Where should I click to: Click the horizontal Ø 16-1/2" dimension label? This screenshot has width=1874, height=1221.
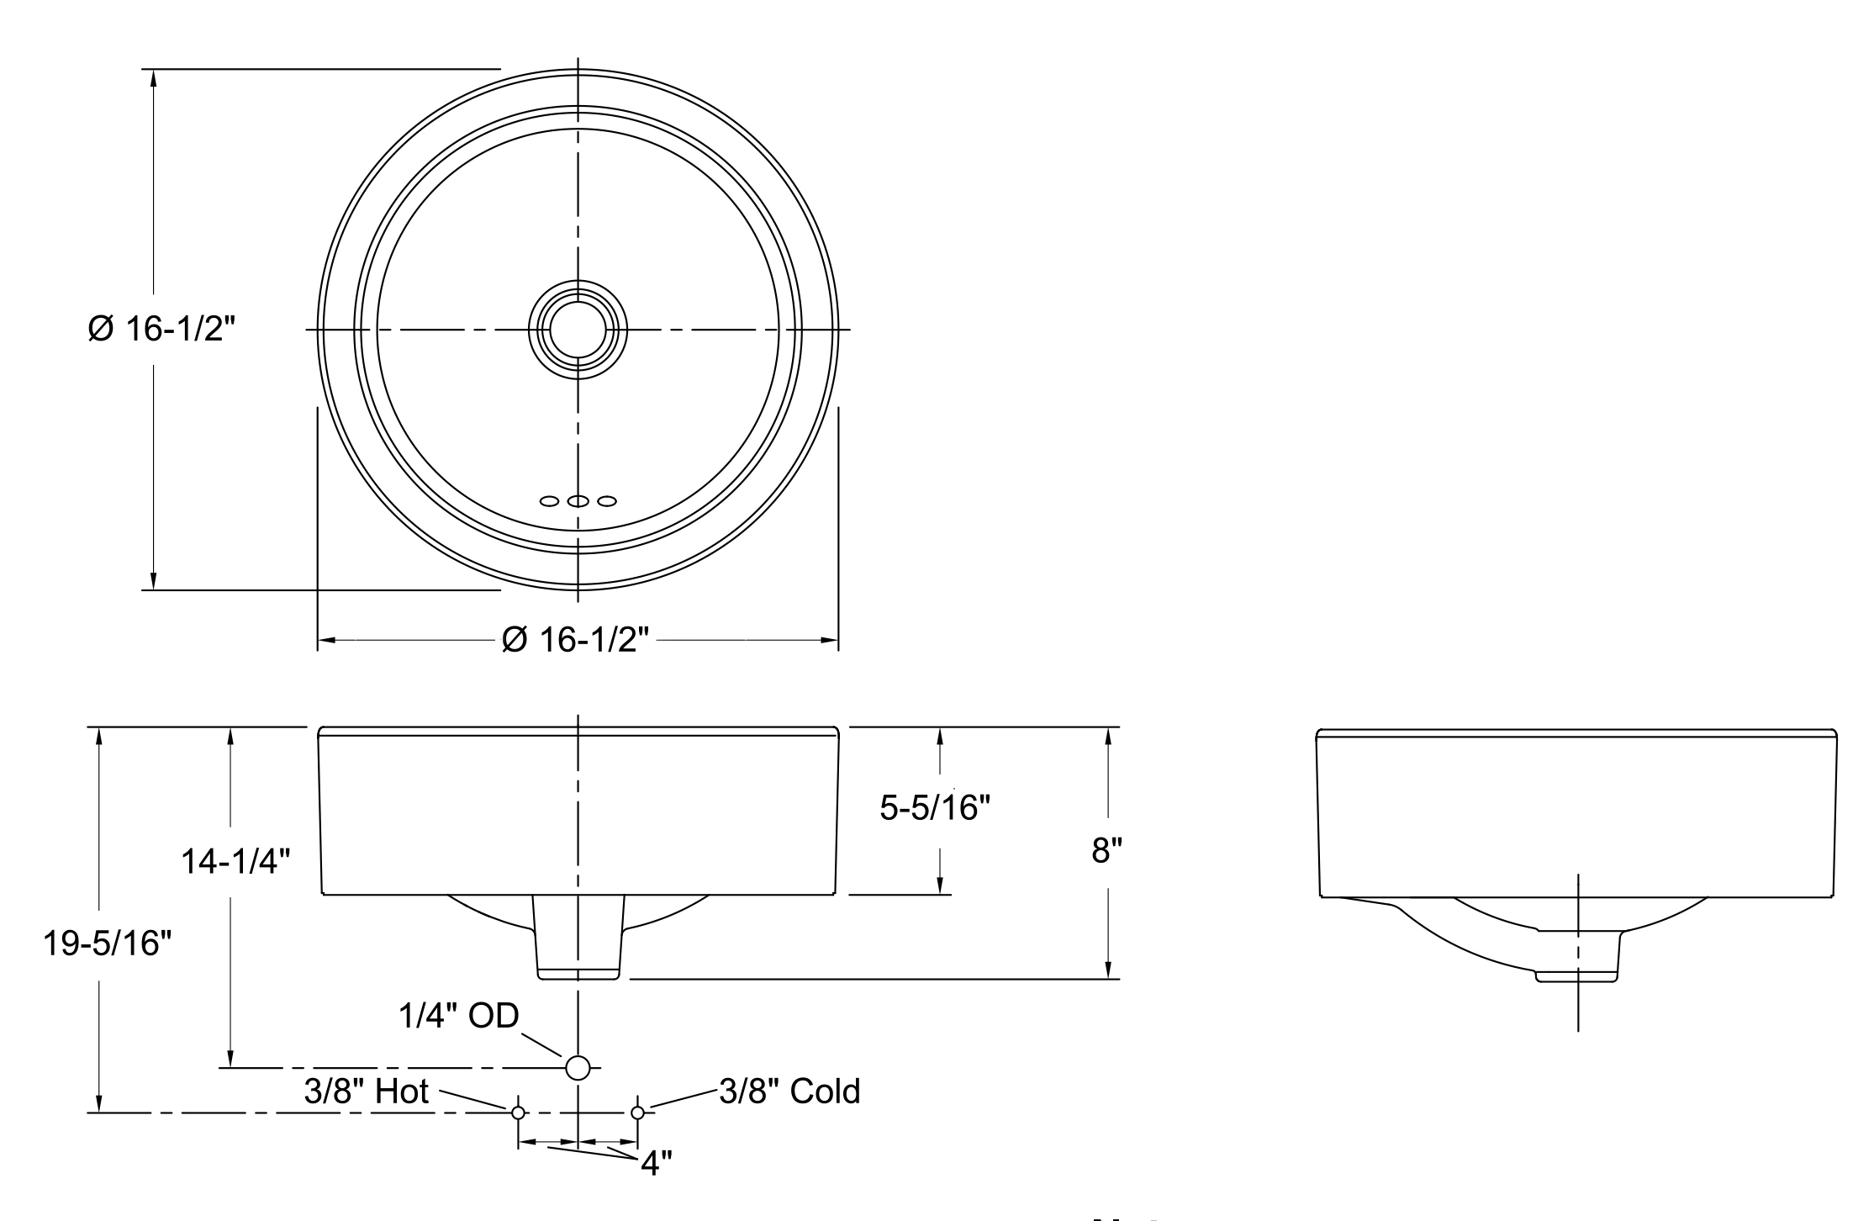[576, 640]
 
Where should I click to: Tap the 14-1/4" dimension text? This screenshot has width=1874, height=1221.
[236, 861]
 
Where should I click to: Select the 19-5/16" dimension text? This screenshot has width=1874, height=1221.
[107, 943]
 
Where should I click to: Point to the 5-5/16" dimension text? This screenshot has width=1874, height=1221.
[935, 808]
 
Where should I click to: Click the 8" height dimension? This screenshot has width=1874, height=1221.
[1106, 851]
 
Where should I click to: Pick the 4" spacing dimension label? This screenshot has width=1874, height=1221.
[656, 1164]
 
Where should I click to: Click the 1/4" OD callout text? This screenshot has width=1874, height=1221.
[458, 1016]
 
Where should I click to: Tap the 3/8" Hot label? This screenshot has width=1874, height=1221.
[367, 1091]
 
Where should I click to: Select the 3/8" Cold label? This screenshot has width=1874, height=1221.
[789, 1091]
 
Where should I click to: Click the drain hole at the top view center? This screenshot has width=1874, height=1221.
[578, 330]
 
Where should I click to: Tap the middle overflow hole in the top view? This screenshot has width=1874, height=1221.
[578, 501]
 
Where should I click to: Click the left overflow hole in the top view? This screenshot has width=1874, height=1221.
[549, 501]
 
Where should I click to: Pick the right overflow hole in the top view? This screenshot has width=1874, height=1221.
[607, 501]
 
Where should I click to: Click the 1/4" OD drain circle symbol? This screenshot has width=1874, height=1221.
[578, 1067]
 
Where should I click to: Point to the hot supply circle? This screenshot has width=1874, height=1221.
[518, 1113]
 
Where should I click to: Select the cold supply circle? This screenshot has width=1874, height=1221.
[637, 1113]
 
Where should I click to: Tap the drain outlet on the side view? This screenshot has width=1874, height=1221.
[1577, 975]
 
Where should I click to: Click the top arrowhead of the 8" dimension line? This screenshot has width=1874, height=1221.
[1108, 734]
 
